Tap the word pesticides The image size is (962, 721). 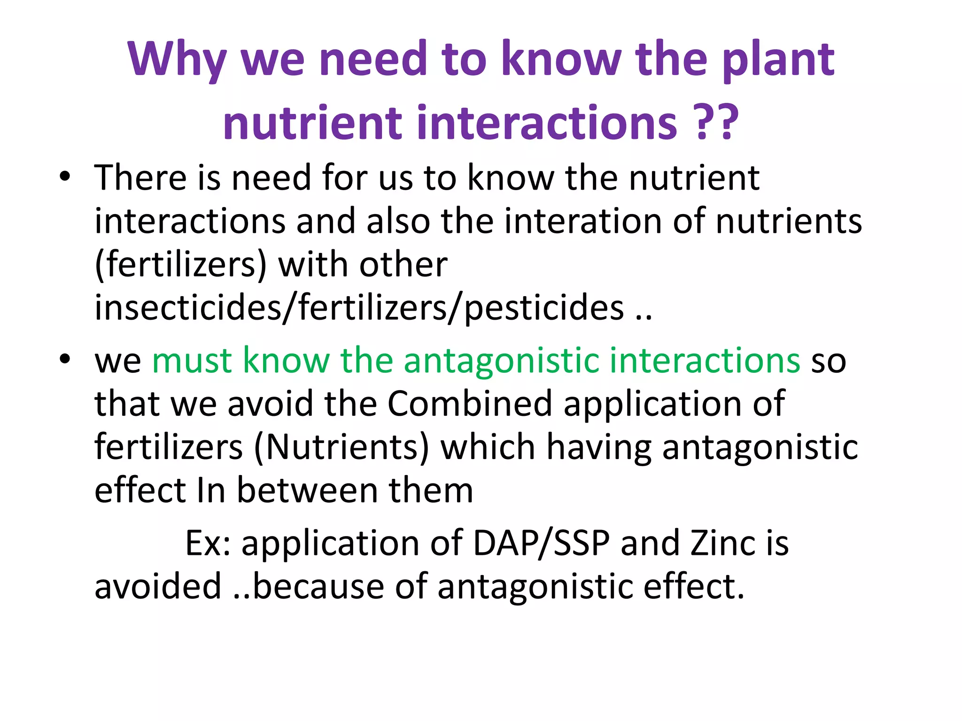[x=544, y=308]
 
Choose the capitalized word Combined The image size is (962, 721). [x=469, y=403]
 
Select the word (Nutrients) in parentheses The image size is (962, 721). [x=341, y=446]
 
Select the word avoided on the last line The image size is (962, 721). [x=158, y=586]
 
